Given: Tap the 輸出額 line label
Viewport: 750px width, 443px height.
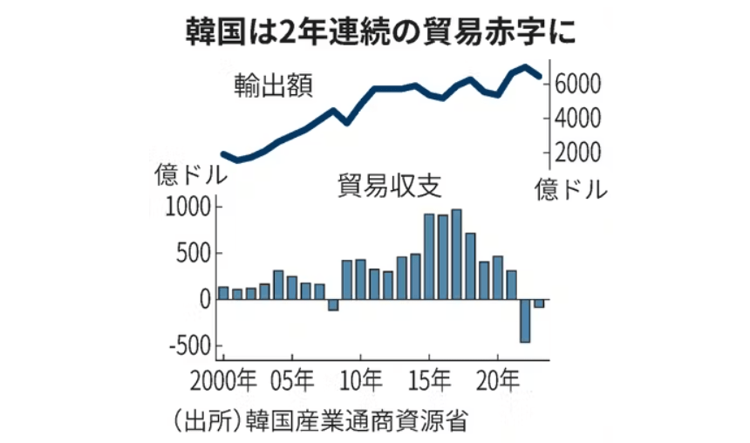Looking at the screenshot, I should pyautogui.click(x=273, y=86).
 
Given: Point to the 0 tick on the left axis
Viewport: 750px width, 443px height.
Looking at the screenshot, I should pyautogui.click(x=204, y=300).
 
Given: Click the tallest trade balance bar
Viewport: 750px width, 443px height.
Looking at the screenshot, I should pyautogui.click(x=456, y=255).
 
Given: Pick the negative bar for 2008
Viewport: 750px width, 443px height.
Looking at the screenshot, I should pyautogui.click(x=332, y=305).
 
